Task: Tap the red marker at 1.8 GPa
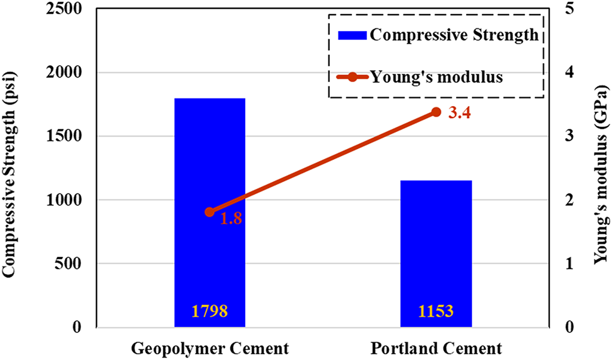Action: pyautogui.click(x=210, y=212)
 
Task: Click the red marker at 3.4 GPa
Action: pyautogui.click(x=436, y=112)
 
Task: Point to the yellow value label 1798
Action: pyautogui.click(x=210, y=311)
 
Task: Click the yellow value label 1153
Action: pyautogui.click(x=435, y=311)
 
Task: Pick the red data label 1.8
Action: pyautogui.click(x=232, y=219)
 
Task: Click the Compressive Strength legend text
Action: pyautogui.click(x=454, y=35)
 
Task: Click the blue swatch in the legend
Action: pyautogui.click(x=352, y=35)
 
